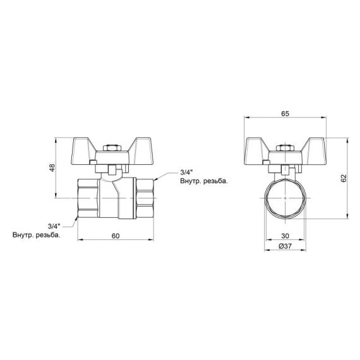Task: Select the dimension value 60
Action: pos(115,236)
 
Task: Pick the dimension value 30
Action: pos(285,236)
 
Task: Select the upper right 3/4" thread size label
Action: pos(187,172)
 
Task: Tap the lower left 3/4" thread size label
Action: pos(54,225)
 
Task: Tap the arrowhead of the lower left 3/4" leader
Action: pos(76,219)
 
